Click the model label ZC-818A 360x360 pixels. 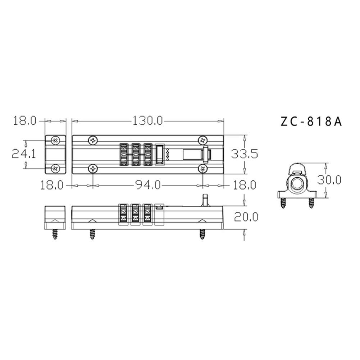pos(311,122)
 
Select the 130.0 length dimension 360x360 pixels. pos(147,121)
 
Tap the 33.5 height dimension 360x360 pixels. pos(244,154)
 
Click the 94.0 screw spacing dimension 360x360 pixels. pos(148,185)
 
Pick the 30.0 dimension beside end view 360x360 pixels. pos(329,180)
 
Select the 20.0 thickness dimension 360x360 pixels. pos(246,217)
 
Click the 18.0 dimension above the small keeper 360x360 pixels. pos(25,121)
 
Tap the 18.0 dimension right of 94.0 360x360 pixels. pos(244,185)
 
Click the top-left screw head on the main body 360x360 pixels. pos(93,140)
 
